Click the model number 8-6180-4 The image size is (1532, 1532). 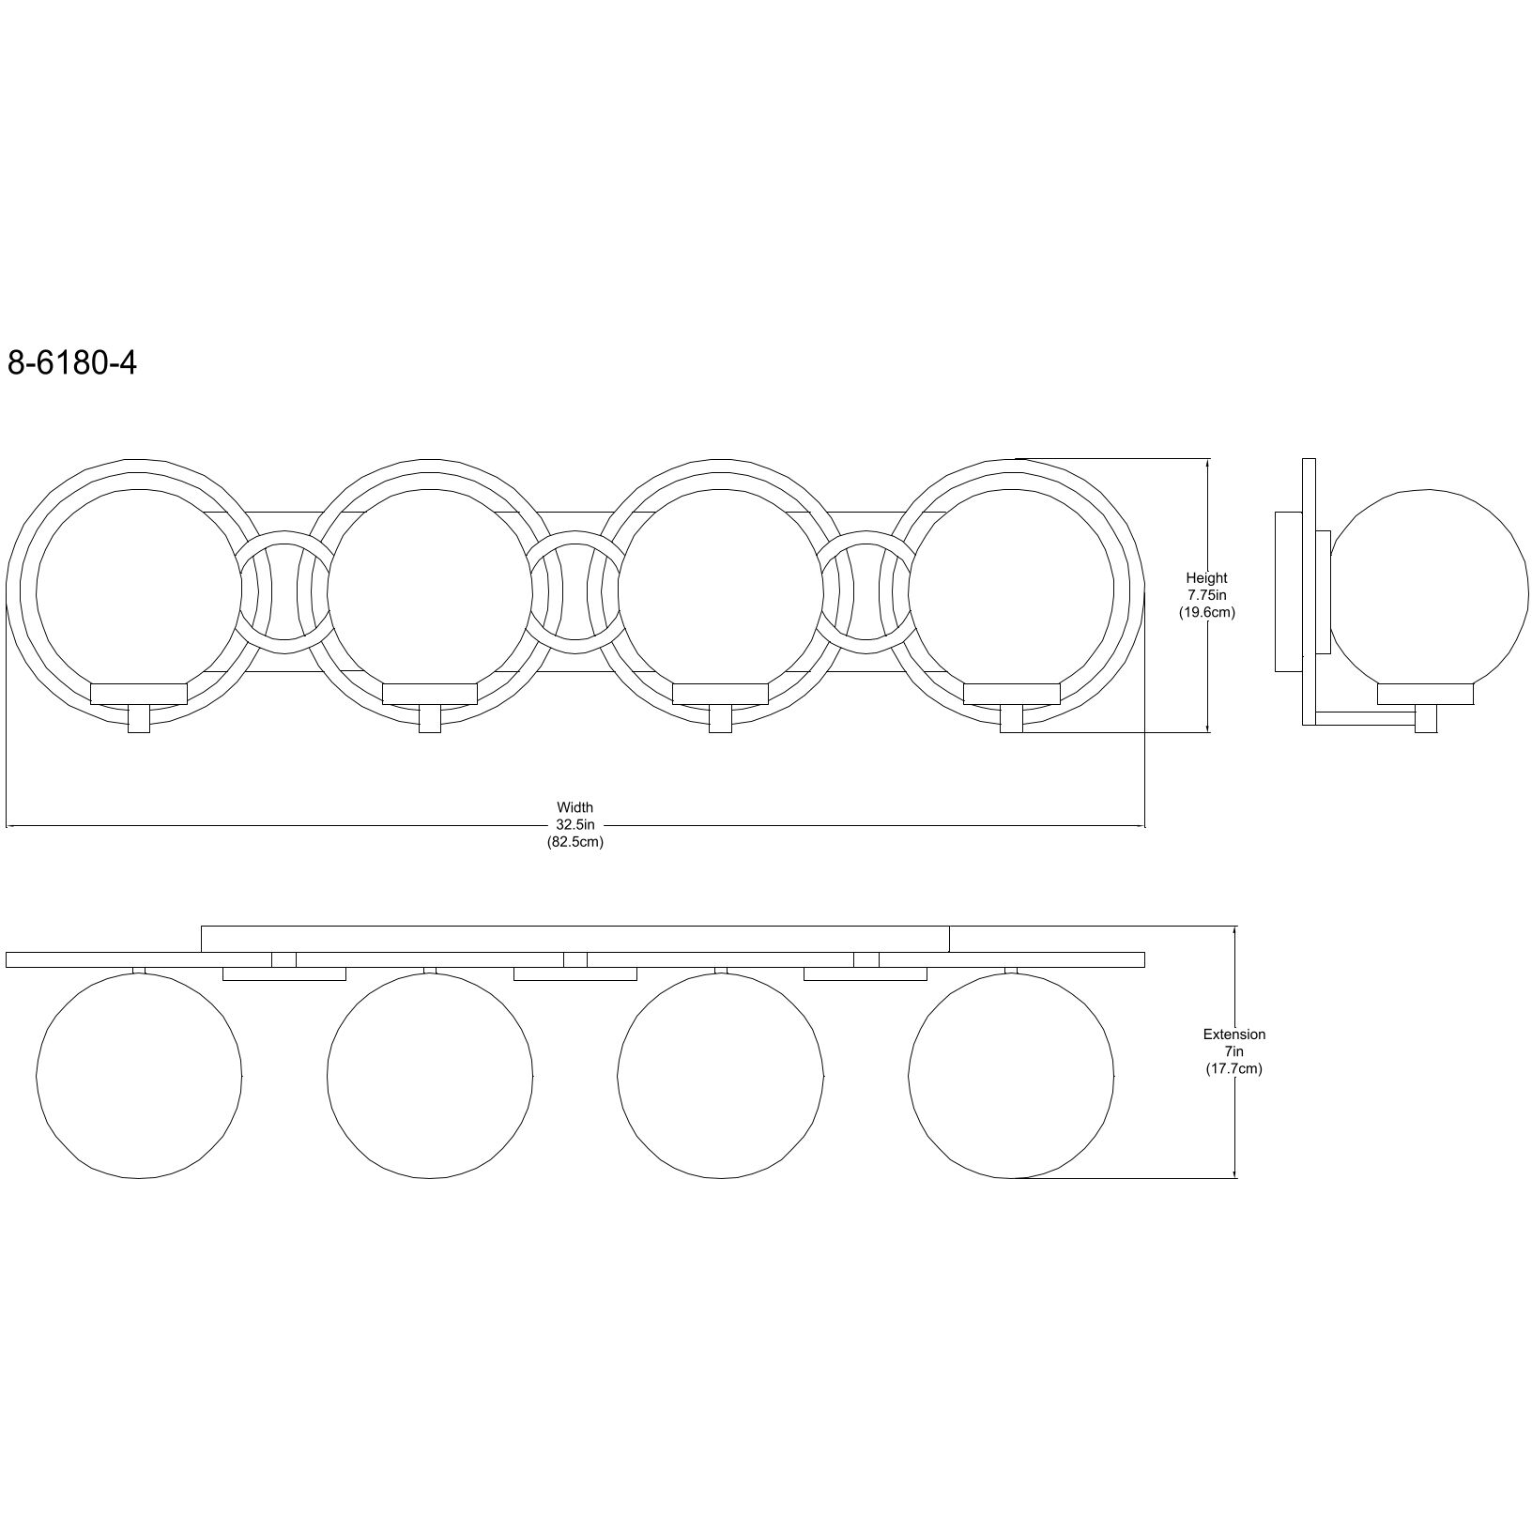point(72,362)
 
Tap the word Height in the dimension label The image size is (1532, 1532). point(1206,578)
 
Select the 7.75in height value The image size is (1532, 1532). point(1206,595)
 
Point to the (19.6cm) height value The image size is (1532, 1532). point(1206,612)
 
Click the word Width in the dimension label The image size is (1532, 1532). point(575,807)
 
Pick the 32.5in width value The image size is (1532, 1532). point(575,824)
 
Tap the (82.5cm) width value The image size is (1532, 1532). point(575,842)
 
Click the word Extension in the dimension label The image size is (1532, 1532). point(1234,1034)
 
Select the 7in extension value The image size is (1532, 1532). point(1234,1051)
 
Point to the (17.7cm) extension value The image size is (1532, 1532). point(1234,1069)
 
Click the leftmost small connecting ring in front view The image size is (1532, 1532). point(284,591)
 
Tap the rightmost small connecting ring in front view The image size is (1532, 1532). point(866,591)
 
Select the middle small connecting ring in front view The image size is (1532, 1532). point(575,591)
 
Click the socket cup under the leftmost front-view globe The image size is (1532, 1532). point(139,694)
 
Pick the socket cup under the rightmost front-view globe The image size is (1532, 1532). point(1012,694)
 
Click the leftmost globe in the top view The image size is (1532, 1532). point(139,1075)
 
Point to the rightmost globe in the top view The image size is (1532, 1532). point(1012,1075)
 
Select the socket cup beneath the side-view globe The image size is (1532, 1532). point(1426,694)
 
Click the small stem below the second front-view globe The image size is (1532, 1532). point(430,719)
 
